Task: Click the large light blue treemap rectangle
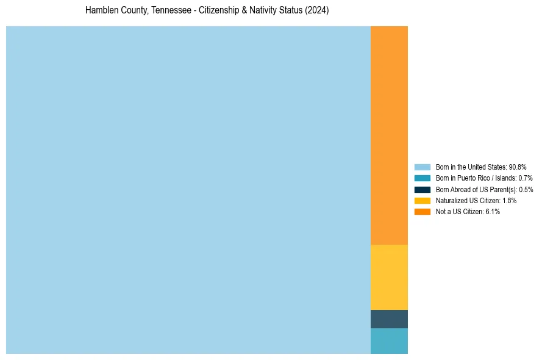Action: point(188,190)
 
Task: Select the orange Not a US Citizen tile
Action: point(389,135)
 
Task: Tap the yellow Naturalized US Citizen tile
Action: point(389,277)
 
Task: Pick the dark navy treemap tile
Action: point(389,319)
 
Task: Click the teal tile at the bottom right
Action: point(389,341)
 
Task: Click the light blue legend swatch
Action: point(422,167)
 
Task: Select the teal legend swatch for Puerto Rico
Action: point(422,178)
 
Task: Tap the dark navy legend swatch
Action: point(422,189)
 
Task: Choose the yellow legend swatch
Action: point(422,200)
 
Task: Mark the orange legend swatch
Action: point(422,212)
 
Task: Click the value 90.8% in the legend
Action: point(518,167)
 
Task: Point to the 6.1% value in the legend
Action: point(493,212)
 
